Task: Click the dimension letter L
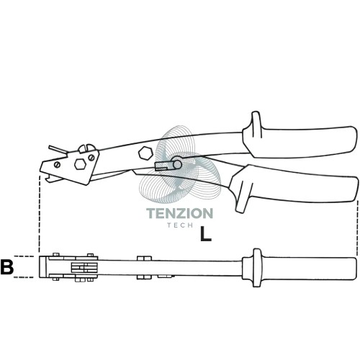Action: tap(206, 234)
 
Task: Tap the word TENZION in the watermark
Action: tap(179, 213)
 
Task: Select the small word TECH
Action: tap(181, 225)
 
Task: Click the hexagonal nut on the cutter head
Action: tap(80, 164)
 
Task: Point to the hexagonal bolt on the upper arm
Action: tap(145, 153)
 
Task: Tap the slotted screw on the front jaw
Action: tap(57, 164)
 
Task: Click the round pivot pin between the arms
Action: tap(177, 164)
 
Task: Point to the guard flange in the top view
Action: tap(256, 268)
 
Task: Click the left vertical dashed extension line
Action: tap(39, 214)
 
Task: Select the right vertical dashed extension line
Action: tap(357, 227)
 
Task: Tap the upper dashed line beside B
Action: tap(24, 256)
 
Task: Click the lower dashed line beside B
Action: tap(24, 277)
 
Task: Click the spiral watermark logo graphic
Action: tap(180, 166)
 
